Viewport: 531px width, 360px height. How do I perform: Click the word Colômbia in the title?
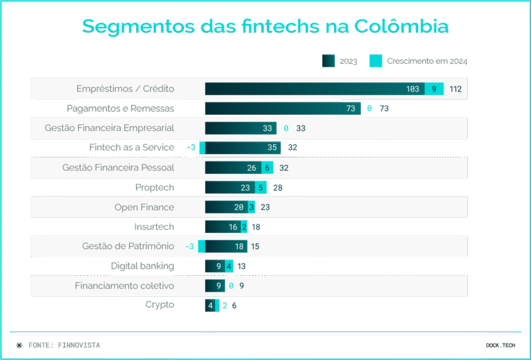point(402,27)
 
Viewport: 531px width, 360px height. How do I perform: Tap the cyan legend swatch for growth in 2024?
point(376,61)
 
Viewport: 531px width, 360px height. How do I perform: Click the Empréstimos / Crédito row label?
point(125,89)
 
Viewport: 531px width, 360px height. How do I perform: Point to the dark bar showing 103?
point(315,89)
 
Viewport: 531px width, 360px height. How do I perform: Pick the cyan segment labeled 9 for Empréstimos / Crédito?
point(434,89)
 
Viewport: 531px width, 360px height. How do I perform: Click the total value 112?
point(455,89)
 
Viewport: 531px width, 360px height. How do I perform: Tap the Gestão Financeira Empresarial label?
point(110,128)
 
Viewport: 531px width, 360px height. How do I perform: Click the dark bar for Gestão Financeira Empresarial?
point(240,128)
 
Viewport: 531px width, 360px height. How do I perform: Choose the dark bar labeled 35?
point(243,147)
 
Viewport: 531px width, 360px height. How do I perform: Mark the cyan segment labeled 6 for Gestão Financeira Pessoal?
point(267,168)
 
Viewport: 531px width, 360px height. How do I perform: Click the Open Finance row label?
point(144,207)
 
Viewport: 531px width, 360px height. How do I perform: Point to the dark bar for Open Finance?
point(226,207)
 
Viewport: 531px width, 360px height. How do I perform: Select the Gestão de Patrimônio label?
point(128,246)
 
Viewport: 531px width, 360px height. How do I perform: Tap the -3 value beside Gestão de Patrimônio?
point(189,246)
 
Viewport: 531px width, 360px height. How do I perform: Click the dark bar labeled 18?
point(226,246)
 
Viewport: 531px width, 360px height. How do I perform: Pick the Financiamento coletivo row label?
point(124,286)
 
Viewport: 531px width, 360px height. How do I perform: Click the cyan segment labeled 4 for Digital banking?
point(229,266)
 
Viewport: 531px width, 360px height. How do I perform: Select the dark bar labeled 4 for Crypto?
point(210,306)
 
